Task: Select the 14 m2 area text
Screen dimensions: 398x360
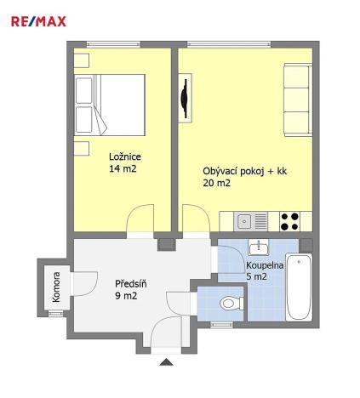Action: tap(123, 169)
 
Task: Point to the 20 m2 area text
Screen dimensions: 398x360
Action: tap(216, 183)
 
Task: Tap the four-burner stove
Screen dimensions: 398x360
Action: tap(289, 220)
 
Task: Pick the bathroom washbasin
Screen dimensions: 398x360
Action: tap(259, 247)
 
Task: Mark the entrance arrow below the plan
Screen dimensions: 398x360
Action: tap(166, 365)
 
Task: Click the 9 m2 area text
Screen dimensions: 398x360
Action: tap(126, 297)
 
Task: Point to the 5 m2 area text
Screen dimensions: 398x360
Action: tap(256, 277)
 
